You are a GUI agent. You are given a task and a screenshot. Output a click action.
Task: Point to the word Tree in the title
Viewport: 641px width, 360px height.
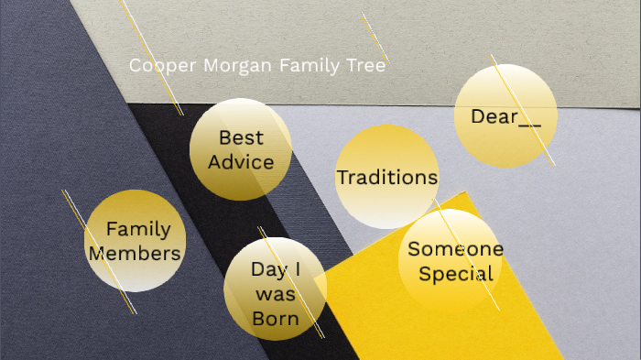(368, 66)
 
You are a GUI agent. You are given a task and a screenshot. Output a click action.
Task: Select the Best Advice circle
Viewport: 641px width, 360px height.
(240, 149)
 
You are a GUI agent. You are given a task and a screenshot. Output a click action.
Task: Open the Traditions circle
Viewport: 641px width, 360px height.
(387, 177)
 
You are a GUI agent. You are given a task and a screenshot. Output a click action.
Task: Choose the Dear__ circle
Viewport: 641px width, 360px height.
(505, 116)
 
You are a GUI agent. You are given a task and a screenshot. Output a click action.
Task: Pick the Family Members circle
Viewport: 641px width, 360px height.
(136, 241)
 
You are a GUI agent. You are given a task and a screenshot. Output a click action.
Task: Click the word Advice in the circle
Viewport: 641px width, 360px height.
(241, 162)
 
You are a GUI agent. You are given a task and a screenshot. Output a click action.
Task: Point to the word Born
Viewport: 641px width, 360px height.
(276, 319)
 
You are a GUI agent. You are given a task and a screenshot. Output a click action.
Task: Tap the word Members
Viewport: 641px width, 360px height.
(135, 253)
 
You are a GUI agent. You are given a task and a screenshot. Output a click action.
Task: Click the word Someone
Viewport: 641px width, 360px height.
(455, 249)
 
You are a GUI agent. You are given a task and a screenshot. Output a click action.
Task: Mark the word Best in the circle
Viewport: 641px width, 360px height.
(241, 137)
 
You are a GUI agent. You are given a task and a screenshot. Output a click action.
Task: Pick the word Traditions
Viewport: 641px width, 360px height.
(387, 177)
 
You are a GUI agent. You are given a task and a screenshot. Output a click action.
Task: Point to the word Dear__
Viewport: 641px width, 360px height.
(505, 116)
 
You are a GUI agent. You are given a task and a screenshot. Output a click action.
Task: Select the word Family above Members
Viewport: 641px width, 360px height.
(138, 229)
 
